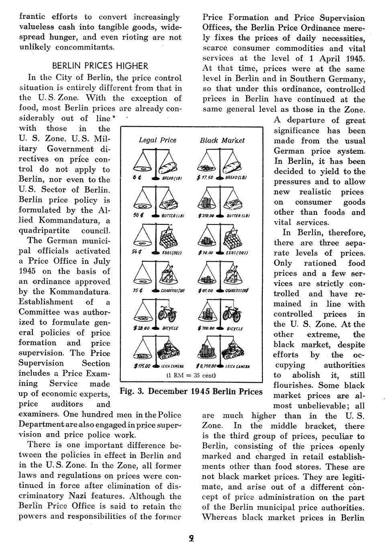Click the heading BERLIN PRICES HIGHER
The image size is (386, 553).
pyautogui.click(x=100, y=66)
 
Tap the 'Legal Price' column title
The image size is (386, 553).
pyautogui.click(x=157, y=140)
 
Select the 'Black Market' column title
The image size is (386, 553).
pyautogui.click(x=222, y=140)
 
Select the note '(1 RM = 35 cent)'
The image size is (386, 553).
pyautogui.click(x=191, y=375)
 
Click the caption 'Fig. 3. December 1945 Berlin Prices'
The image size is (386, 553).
pyautogui.click(x=191, y=391)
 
